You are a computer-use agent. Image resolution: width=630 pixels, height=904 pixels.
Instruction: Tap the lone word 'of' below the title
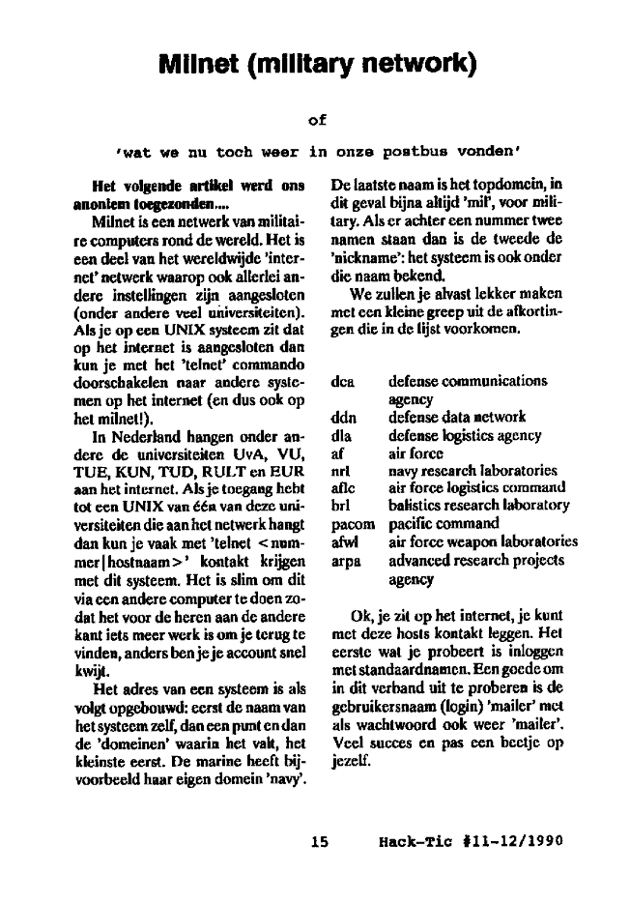(317, 120)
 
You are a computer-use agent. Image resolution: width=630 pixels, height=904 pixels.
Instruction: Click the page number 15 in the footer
(320, 841)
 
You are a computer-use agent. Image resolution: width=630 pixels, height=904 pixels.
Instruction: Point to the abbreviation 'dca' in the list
(342, 381)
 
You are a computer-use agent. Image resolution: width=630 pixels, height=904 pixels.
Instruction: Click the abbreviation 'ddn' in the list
(342, 418)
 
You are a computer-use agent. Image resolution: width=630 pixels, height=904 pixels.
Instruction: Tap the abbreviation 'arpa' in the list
(345, 561)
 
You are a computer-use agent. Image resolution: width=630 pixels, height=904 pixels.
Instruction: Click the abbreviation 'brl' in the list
(339, 506)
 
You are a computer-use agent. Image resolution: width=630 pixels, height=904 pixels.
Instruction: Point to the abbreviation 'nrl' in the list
(339, 471)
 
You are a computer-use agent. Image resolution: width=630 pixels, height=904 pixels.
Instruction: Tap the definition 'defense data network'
(457, 418)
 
